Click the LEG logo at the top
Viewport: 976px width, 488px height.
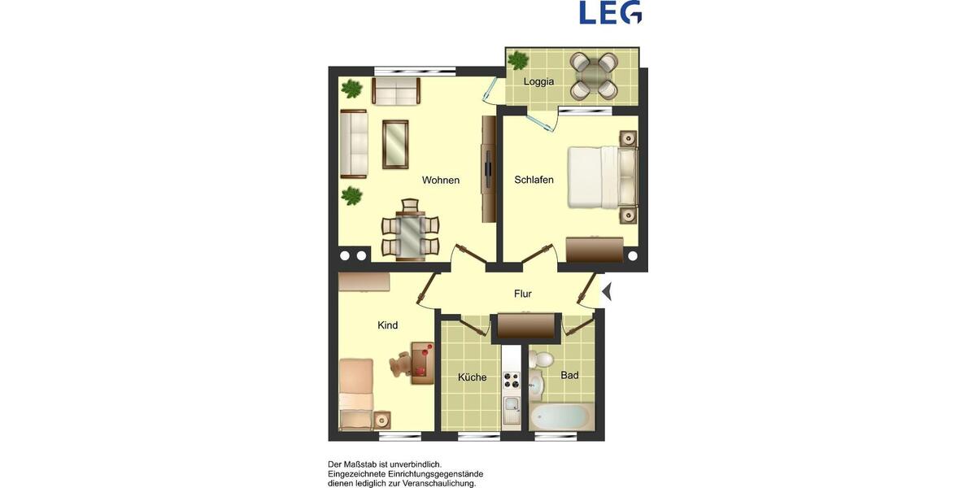(610, 12)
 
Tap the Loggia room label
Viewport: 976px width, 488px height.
(538, 81)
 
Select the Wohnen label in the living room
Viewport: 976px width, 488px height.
(440, 180)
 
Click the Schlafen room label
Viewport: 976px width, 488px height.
(534, 180)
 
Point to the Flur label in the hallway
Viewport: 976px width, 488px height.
(522, 294)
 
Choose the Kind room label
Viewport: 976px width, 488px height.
(388, 325)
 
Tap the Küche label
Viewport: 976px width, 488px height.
(472, 377)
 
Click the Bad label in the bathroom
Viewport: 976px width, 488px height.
(569, 375)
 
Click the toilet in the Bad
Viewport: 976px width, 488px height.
(542, 359)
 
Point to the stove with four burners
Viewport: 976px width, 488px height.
(511, 379)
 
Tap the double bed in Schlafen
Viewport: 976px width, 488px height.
(600, 176)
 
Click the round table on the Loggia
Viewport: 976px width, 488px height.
(593, 75)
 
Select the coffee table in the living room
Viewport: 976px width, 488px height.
(395, 144)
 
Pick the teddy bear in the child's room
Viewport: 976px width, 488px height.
(401, 365)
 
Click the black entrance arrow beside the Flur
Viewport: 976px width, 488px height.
(606, 290)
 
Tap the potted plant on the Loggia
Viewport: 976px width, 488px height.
(517, 60)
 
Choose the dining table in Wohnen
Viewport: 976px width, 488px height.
(410, 233)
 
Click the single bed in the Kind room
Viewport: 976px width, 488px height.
(355, 394)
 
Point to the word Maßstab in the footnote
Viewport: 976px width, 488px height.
(371, 464)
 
